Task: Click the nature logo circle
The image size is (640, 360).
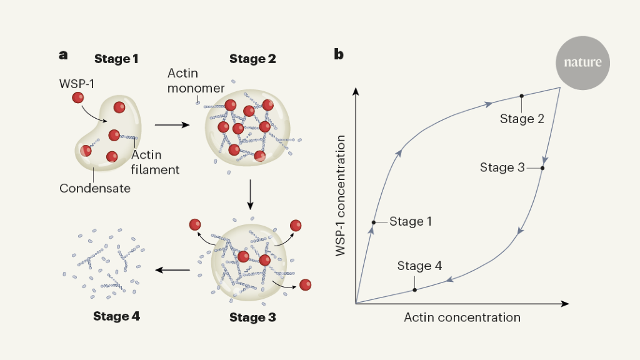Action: click(582, 62)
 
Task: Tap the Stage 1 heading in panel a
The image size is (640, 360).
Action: click(116, 59)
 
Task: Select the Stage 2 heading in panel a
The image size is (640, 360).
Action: click(252, 59)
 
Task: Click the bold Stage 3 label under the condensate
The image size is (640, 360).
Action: click(252, 317)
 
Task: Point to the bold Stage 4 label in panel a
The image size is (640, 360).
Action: click(116, 316)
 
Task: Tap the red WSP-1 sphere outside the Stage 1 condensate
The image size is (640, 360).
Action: click(77, 97)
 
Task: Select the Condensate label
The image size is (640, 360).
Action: click(95, 187)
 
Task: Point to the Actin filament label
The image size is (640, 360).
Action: click(155, 162)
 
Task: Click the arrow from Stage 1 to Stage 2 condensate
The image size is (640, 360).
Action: click(172, 125)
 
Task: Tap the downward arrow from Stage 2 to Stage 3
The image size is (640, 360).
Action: click(250, 195)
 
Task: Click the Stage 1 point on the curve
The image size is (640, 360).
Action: click(373, 222)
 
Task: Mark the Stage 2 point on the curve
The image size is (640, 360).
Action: click(521, 96)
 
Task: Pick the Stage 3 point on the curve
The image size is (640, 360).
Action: click(542, 168)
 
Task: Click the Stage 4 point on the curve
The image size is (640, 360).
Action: click(415, 290)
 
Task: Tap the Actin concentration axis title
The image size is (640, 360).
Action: click(462, 317)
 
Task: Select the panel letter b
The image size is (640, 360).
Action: click(339, 54)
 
